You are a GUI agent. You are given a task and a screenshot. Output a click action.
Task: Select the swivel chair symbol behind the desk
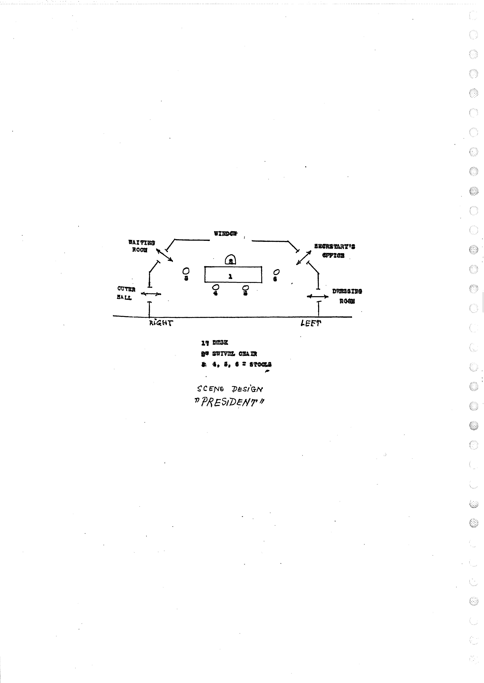click(x=230, y=260)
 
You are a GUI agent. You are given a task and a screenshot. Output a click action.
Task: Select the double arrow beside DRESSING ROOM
click(x=318, y=297)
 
